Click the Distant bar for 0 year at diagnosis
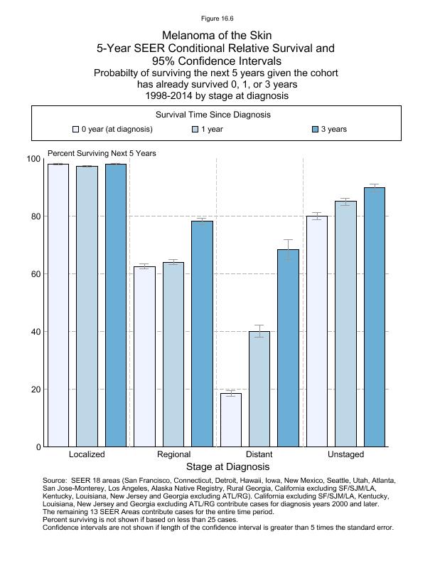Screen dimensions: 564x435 pos(230,420)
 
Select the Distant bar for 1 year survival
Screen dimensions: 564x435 pos(259,389)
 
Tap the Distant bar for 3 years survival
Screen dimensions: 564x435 pos(288,348)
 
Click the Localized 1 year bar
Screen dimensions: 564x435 pos(87,306)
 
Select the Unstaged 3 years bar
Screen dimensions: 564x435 pos(374,317)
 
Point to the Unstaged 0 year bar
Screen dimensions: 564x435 pos(316,331)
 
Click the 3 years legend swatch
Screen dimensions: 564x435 pos(316,130)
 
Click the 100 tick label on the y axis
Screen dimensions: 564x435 pos(33,159)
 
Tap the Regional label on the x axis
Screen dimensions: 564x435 pos(173,454)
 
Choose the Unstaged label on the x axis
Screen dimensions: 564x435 pos(345,454)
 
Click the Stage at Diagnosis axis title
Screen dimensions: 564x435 pos(227,467)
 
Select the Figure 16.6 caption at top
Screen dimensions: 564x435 pos(217,19)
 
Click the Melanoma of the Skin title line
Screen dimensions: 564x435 pos(217,35)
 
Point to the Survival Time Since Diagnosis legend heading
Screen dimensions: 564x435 pos(217,114)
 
